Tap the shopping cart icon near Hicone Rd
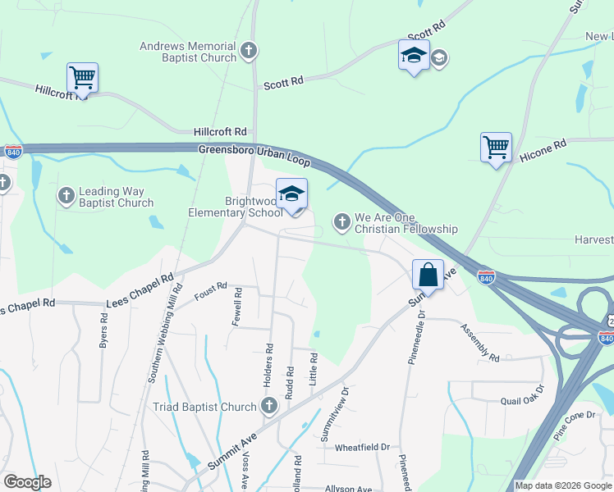[x=496, y=148]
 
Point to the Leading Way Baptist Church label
[x=116, y=197]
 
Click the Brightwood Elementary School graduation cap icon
[x=291, y=194]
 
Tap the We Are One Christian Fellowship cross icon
[x=342, y=221]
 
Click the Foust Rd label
[x=210, y=290]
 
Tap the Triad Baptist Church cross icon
[x=268, y=406]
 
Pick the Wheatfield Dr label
[x=362, y=448]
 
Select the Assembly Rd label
[x=480, y=344]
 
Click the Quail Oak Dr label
[x=522, y=402]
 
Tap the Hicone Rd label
[x=543, y=148]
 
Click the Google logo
[x=27, y=482]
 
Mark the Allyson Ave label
[x=349, y=489]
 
